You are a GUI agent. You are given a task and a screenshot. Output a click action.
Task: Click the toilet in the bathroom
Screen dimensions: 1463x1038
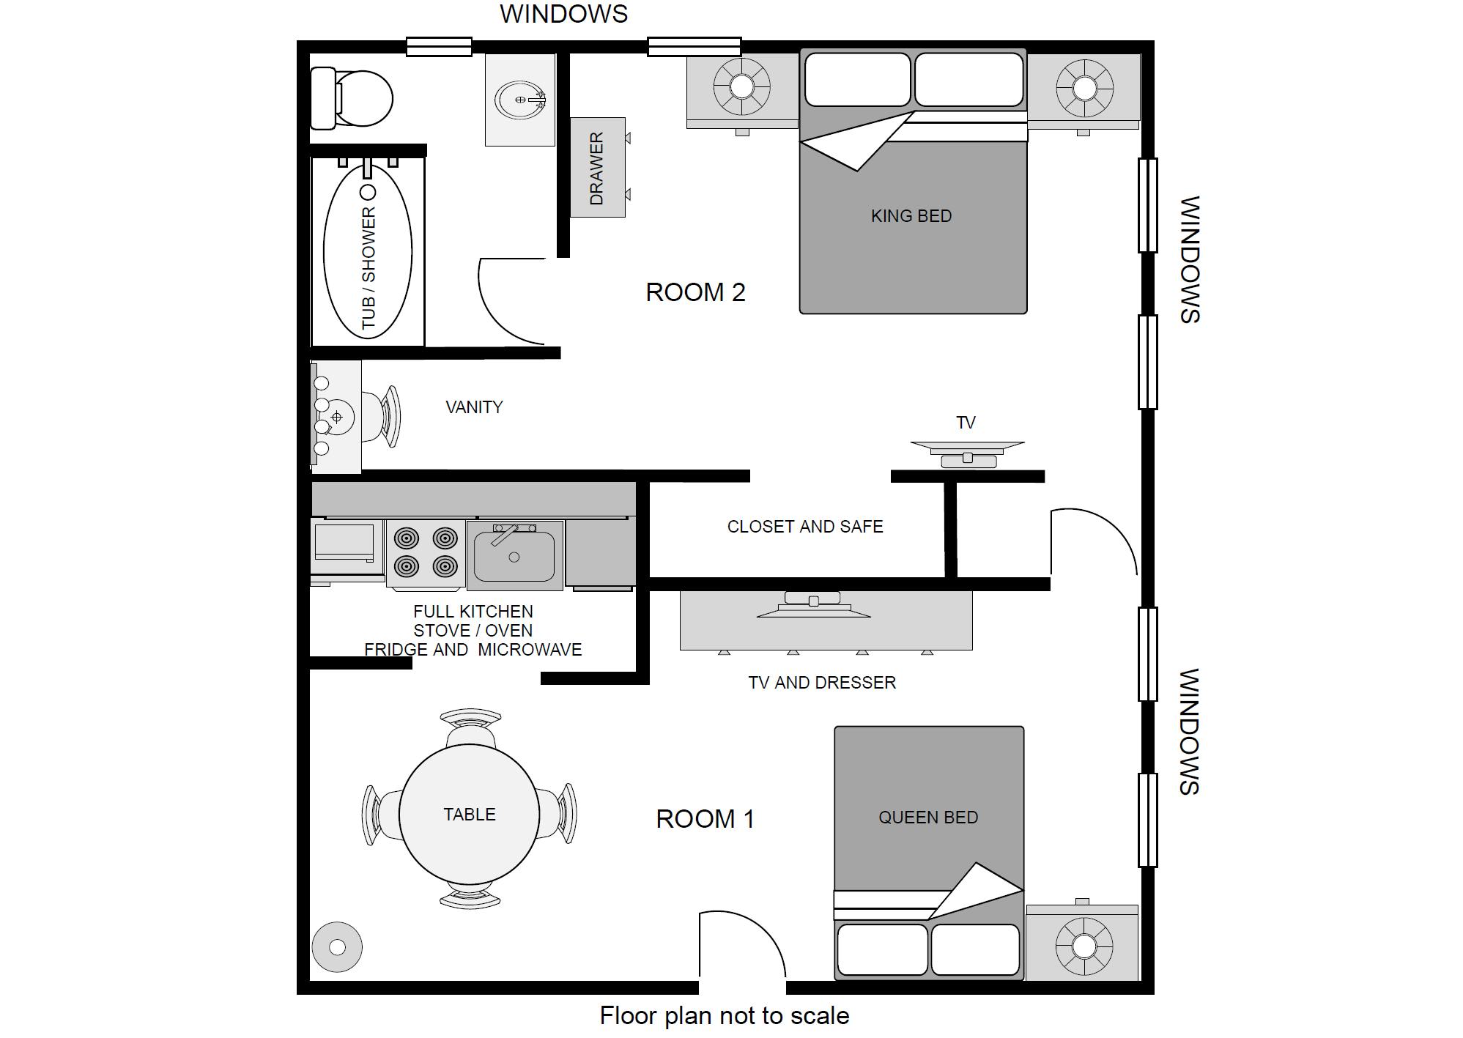pyautogui.click(x=352, y=98)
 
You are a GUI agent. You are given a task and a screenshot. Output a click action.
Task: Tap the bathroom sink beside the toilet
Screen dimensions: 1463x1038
pyautogui.click(x=521, y=100)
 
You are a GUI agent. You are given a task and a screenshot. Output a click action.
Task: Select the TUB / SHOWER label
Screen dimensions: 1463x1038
pyautogui.click(x=368, y=268)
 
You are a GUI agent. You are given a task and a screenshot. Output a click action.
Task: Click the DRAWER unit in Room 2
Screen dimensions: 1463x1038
pyautogui.click(x=598, y=167)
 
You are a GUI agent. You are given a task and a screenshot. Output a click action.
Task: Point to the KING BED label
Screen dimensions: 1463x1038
pyautogui.click(x=911, y=216)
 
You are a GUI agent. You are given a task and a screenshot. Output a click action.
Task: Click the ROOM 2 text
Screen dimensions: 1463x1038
pyautogui.click(x=695, y=292)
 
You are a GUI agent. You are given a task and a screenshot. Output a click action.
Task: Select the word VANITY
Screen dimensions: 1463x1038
pyautogui.click(x=474, y=407)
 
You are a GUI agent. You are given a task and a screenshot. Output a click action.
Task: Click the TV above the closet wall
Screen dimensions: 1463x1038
pyautogui.click(x=967, y=454)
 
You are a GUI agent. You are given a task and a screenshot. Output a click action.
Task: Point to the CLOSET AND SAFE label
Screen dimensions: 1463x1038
pyautogui.click(x=805, y=527)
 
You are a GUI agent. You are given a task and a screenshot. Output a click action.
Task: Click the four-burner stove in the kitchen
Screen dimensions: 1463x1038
pyautogui.click(x=426, y=554)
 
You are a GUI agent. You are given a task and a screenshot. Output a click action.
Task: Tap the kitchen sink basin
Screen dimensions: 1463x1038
pyautogui.click(x=515, y=555)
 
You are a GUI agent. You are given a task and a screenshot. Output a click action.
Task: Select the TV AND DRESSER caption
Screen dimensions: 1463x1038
pyautogui.click(x=822, y=683)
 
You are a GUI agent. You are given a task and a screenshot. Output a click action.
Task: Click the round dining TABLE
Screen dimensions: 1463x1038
pyautogui.click(x=470, y=814)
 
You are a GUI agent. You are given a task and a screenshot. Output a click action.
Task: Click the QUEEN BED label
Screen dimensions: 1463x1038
pyautogui.click(x=928, y=818)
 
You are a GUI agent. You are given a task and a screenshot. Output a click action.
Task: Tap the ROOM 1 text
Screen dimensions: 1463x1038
pyautogui.click(x=705, y=819)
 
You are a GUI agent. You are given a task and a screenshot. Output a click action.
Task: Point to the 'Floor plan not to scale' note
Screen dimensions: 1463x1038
pyautogui.click(x=725, y=1016)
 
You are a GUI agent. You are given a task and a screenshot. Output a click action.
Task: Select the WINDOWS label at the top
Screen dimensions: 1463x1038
pyautogui.click(x=564, y=14)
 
